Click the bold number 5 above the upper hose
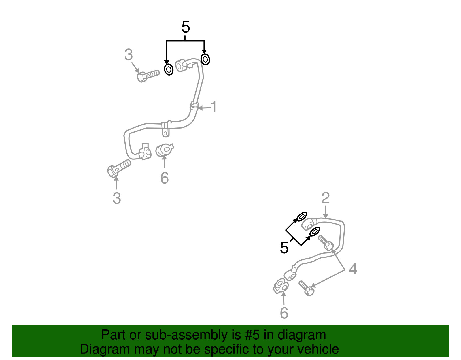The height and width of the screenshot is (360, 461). [x=186, y=27]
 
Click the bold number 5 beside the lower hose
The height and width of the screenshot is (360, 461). [x=284, y=248]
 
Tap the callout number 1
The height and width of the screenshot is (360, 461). [x=214, y=107]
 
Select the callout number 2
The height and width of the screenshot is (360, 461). [x=325, y=198]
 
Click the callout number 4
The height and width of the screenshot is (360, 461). [x=353, y=269]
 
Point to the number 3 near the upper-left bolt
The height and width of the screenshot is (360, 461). [x=129, y=55]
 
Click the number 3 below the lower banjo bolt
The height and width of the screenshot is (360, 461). [x=117, y=198]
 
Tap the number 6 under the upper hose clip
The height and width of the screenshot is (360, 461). [x=165, y=178]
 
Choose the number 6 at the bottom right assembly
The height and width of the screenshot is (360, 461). [x=284, y=313]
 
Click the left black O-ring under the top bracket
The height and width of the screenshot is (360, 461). [x=169, y=69]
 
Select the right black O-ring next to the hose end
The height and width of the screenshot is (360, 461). [x=205, y=59]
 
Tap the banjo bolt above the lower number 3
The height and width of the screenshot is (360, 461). [x=118, y=168]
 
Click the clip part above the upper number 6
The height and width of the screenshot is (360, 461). [x=164, y=150]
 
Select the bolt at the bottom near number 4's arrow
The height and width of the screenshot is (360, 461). [x=307, y=289]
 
